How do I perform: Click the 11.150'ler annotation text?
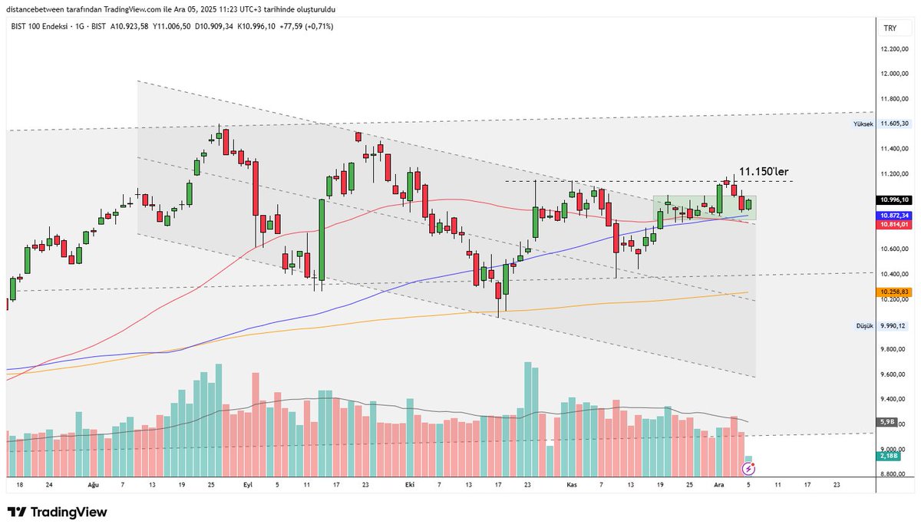(764, 171)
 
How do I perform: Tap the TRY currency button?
(890, 28)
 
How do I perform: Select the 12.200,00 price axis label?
(895, 49)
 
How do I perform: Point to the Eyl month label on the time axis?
(247, 485)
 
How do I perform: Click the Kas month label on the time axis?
(571, 485)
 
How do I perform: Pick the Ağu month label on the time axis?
(94, 485)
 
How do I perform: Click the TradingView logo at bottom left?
(58, 512)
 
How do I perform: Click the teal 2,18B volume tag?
(887, 456)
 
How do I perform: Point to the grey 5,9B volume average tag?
(885, 422)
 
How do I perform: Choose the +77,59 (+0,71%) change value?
(306, 26)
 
